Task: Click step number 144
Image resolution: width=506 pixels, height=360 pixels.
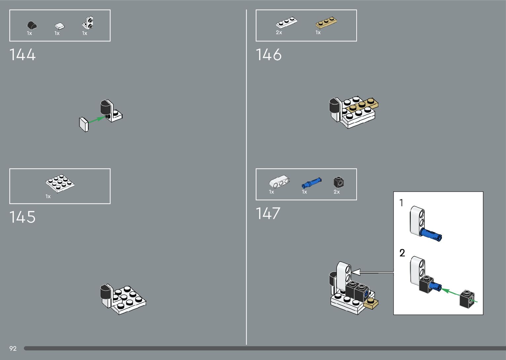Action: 22,55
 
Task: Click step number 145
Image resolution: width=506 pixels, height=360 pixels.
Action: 22,217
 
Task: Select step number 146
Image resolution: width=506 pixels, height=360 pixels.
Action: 269,55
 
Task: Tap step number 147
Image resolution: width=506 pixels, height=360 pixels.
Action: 268,214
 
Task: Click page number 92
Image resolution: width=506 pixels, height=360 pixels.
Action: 13,348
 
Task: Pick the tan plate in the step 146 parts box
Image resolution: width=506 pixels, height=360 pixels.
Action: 326,23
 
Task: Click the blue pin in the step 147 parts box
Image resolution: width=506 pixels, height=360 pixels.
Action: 311,182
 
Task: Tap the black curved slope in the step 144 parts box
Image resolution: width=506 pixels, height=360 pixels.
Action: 31,25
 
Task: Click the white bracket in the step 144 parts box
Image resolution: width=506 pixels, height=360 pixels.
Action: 88,23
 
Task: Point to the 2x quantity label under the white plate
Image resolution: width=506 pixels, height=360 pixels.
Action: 279,32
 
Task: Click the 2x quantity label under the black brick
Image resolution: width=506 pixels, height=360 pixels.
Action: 336,192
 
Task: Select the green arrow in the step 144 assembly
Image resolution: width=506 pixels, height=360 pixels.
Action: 97,120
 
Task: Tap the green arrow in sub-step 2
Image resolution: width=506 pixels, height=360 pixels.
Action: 450,292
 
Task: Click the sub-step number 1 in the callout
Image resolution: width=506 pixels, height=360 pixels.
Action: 402,203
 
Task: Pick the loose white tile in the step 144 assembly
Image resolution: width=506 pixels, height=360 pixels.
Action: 84,124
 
